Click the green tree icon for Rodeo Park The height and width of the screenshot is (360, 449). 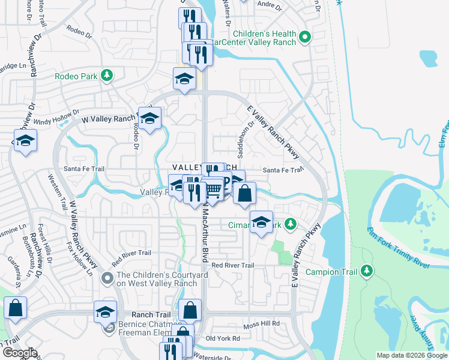point(106,76)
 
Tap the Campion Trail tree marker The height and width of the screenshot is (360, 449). point(366,272)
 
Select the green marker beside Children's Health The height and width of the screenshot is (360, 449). point(304,38)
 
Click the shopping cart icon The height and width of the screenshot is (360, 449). point(213,190)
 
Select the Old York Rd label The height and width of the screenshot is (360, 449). point(223,338)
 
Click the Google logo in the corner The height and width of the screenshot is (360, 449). point(19,353)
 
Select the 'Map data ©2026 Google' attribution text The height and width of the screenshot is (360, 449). point(411,355)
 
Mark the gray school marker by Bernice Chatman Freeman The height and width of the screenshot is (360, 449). point(109,328)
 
